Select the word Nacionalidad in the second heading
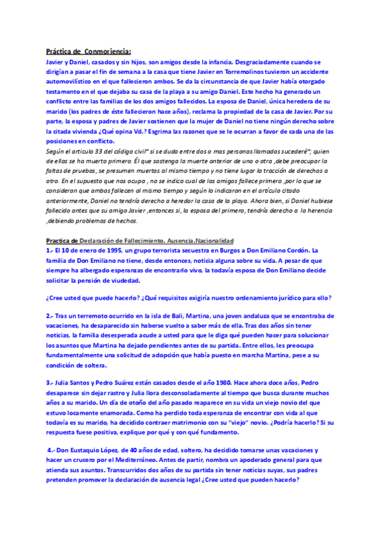click(210, 241)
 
